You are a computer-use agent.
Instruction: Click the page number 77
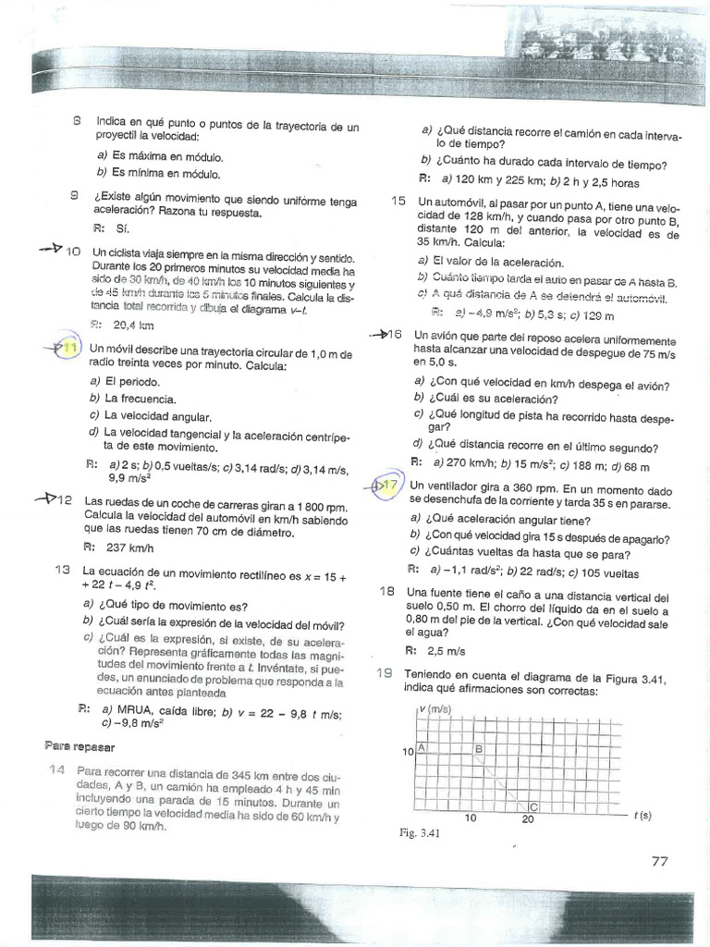[659, 860]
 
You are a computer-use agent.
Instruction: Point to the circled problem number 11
[67, 349]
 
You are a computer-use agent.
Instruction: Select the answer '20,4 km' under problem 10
[133, 325]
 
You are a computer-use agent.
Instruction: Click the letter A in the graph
[422, 746]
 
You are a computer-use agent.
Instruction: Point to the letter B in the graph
[479, 747]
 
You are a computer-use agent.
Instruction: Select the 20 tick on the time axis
[528, 819]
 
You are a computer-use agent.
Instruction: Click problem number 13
[64, 570]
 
